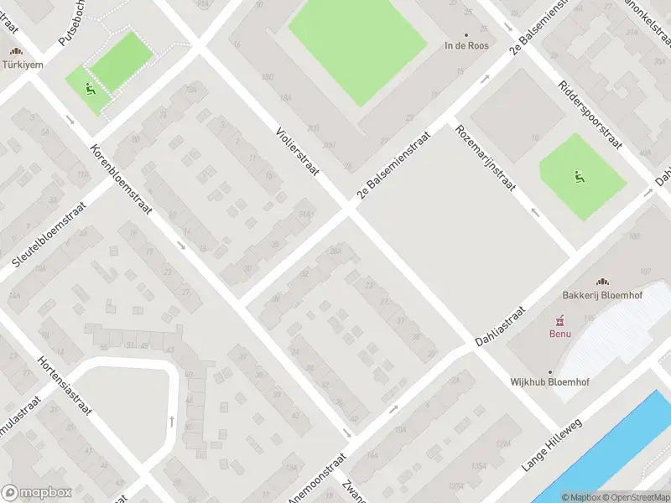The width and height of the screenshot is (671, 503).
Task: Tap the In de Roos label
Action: point(466,46)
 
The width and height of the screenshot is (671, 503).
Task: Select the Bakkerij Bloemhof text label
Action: point(601,295)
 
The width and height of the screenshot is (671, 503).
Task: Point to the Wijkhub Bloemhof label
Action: point(550,382)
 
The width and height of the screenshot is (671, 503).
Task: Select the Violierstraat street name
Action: point(298,151)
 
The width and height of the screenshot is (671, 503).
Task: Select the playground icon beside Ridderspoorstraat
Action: point(579,176)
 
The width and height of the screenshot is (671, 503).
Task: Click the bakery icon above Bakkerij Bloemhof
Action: point(601,283)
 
